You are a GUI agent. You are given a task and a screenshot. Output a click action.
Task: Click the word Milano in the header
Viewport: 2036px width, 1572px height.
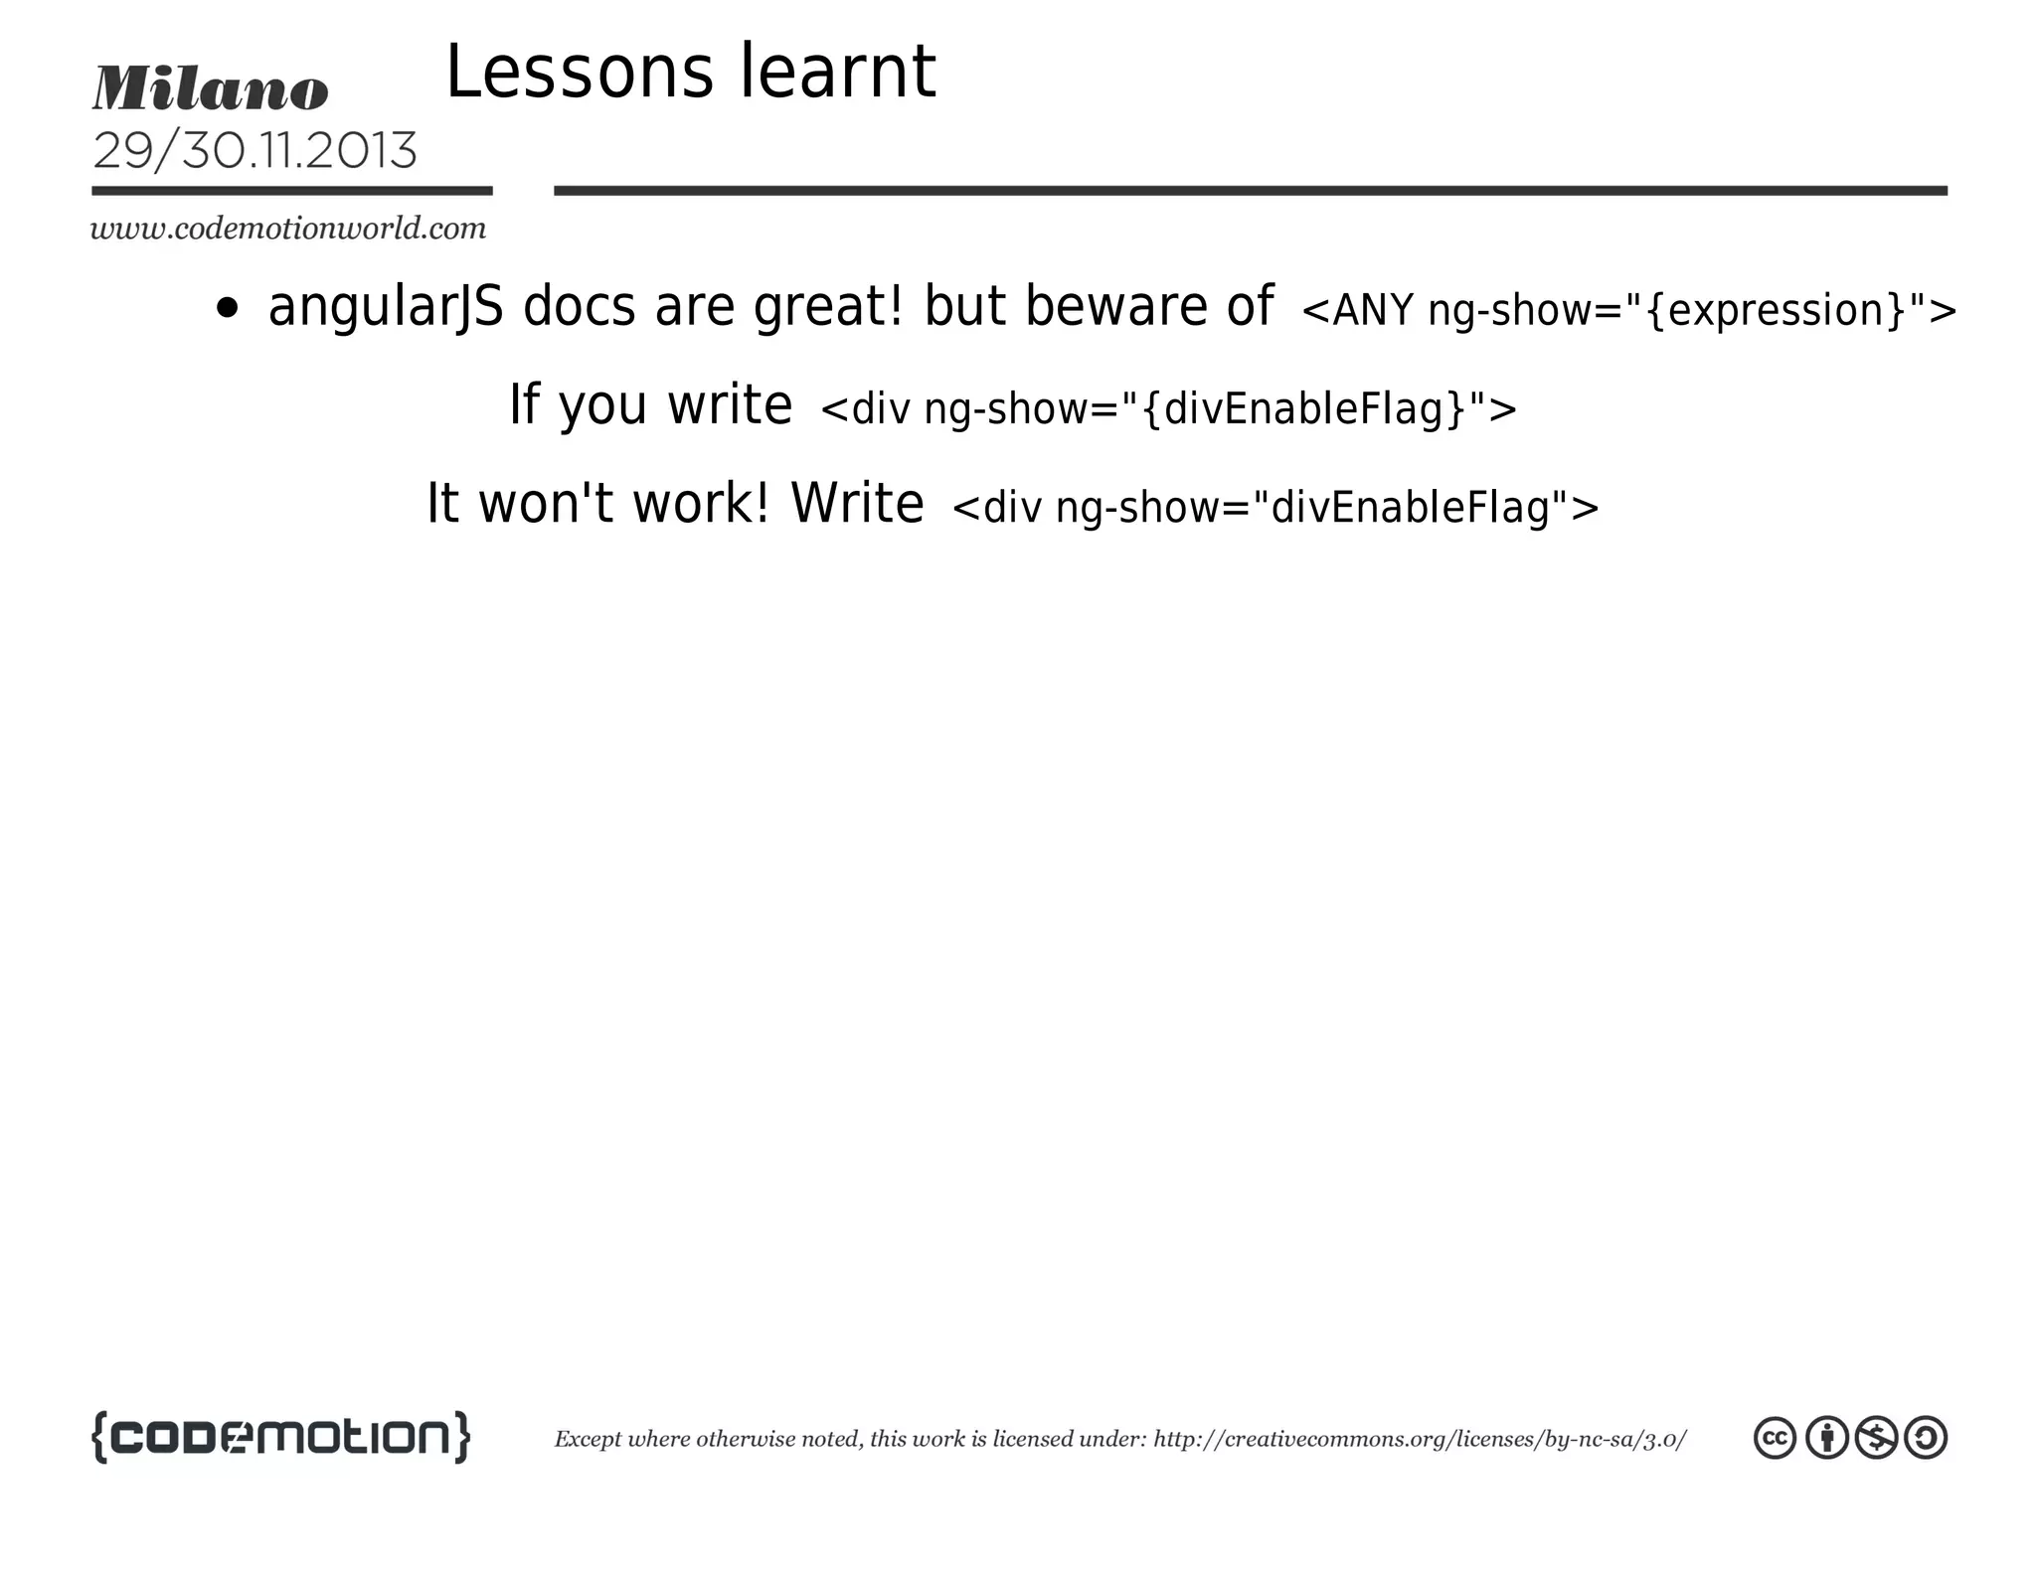[210, 88]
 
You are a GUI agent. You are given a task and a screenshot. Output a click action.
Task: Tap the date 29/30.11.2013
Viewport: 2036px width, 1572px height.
[254, 151]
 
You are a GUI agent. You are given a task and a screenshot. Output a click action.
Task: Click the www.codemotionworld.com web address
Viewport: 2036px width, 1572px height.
[288, 229]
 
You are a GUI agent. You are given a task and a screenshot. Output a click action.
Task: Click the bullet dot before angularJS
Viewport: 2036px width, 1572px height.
[228, 308]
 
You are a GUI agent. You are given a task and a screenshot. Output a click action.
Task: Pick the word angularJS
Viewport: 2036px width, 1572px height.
[385, 306]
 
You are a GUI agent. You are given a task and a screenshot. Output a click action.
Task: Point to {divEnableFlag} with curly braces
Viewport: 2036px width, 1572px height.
[1304, 408]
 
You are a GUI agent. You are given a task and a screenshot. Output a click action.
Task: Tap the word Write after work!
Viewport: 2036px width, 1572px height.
[857, 503]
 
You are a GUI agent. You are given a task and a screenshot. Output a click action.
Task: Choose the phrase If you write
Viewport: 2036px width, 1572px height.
[650, 404]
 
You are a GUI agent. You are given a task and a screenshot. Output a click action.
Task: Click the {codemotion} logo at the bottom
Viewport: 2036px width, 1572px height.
[280, 1437]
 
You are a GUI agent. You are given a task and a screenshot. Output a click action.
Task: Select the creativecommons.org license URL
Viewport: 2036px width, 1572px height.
[1420, 1439]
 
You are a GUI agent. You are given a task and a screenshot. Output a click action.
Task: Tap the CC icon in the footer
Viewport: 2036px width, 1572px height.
[1775, 1438]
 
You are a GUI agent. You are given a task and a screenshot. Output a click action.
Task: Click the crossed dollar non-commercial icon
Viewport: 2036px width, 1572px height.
[1876, 1438]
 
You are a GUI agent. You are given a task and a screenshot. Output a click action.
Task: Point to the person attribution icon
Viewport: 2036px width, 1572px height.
[1826, 1438]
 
